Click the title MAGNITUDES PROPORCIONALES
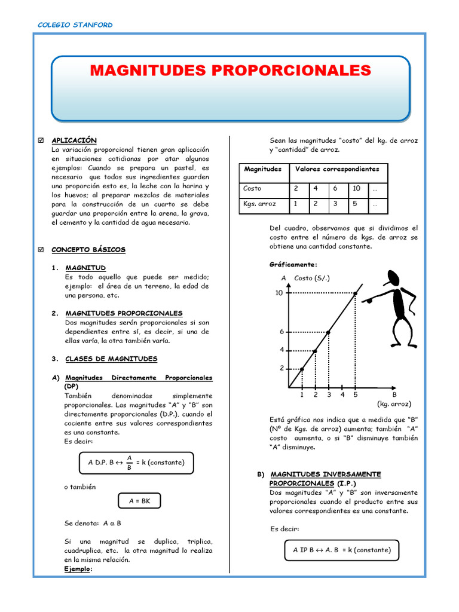point(230,71)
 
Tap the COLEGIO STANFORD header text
point(75,25)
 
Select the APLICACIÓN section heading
point(74,140)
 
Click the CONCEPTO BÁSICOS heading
point(88,250)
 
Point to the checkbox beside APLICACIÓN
point(40,140)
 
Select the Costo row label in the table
point(252,188)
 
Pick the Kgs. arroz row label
point(259,204)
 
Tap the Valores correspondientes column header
point(337,169)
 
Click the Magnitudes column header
point(262,169)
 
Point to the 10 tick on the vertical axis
point(279,293)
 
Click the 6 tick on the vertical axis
point(281,332)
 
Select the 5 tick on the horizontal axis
point(356,394)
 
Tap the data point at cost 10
point(356,293)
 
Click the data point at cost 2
point(302,369)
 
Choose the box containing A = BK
point(138,501)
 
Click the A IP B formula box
point(342,550)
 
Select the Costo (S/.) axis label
point(312,279)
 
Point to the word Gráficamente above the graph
point(293,265)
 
